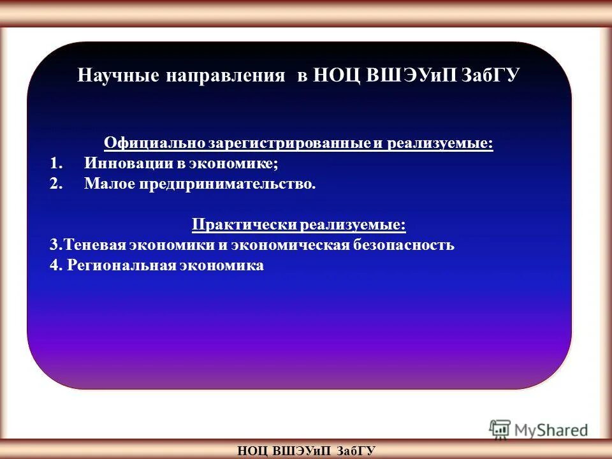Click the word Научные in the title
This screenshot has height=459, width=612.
[x=117, y=75]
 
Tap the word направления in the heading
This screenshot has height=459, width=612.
[x=226, y=75]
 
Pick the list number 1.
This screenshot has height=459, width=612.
[x=55, y=163]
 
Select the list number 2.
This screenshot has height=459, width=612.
[x=55, y=184]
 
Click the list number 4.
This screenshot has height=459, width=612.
[x=54, y=265]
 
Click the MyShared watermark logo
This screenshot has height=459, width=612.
[x=539, y=430]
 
